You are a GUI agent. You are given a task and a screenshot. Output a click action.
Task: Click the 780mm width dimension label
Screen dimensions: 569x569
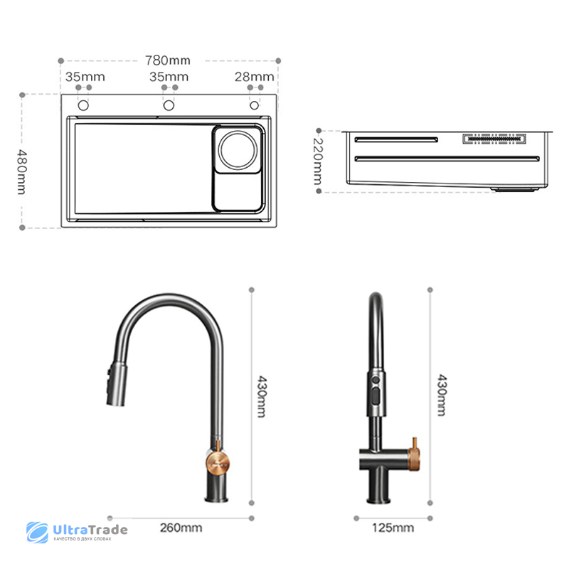[168, 60]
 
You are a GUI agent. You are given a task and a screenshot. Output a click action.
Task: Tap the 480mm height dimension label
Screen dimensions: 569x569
[22, 171]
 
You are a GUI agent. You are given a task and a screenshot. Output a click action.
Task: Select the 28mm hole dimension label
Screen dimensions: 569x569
[254, 77]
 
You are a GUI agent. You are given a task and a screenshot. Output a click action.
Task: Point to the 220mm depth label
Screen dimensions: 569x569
[318, 161]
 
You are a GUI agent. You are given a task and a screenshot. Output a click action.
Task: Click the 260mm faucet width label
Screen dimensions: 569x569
[181, 528]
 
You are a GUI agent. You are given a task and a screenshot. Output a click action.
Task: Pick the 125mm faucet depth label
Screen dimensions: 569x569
[393, 528]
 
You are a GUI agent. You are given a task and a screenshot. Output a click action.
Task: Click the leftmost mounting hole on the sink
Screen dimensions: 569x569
[83, 105]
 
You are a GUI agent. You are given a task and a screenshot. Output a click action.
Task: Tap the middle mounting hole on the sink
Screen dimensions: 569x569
[169, 105]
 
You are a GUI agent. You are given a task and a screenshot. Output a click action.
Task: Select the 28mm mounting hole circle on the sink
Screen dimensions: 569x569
[255, 105]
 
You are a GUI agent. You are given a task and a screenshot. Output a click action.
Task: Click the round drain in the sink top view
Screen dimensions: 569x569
[238, 150]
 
